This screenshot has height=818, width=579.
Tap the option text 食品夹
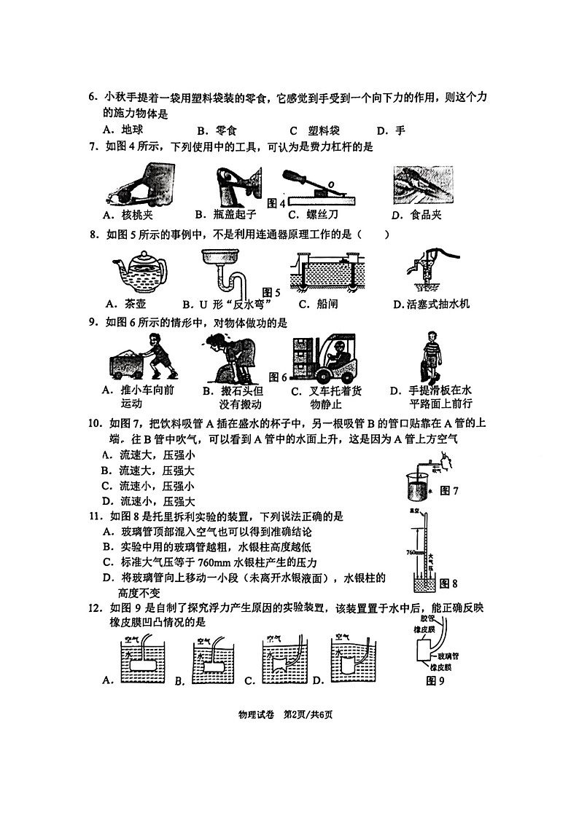[425, 214]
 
